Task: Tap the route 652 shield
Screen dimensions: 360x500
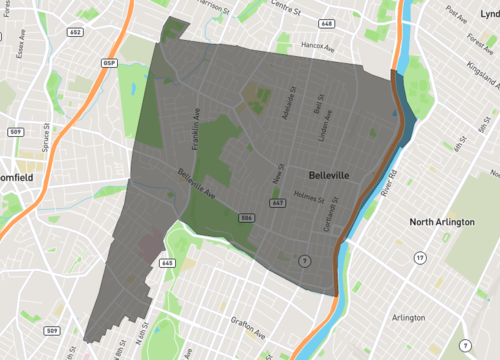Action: (75, 31)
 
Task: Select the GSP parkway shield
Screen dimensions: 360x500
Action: (109, 62)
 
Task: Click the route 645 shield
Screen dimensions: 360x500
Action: (166, 263)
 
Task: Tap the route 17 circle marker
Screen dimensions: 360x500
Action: (420, 258)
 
